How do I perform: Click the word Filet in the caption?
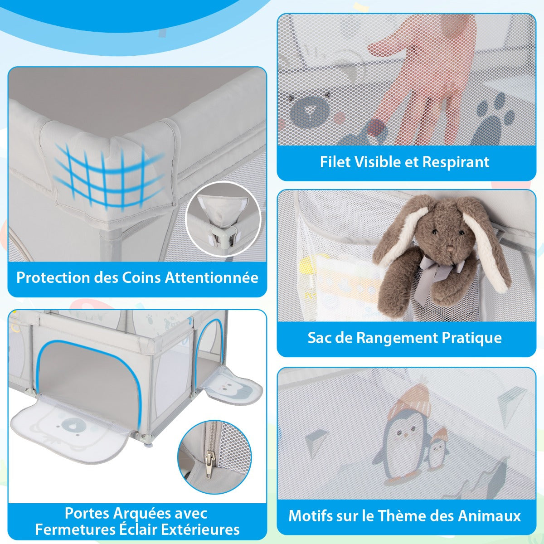335,162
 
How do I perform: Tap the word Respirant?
456,162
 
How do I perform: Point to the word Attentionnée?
211,277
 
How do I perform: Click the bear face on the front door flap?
70,427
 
